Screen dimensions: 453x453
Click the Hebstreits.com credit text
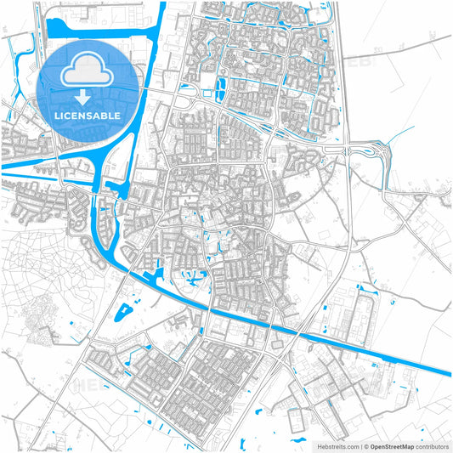coord(338,445)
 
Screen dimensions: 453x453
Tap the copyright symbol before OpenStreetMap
coord(366,445)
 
